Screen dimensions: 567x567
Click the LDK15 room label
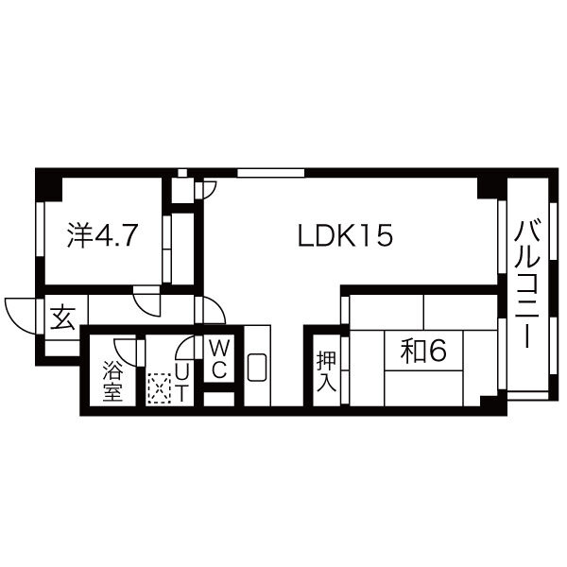[345, 235]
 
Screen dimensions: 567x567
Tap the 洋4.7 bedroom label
[102, 235]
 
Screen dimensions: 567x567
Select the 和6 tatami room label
[423, 352]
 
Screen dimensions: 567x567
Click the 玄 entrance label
[63, 318]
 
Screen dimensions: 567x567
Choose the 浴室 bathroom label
[112, 381]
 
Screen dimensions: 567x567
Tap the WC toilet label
[219, 359]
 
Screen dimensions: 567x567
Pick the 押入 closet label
[327, 371]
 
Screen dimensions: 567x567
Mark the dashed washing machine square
[159, 388]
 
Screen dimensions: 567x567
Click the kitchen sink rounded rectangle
[257, 367]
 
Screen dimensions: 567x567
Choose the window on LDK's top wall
[271, 173]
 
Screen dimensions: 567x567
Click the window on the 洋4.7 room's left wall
[40, 230]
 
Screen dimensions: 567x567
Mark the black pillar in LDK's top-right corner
[489, 187]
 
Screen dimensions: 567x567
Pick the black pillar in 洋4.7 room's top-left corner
[49, 187]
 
